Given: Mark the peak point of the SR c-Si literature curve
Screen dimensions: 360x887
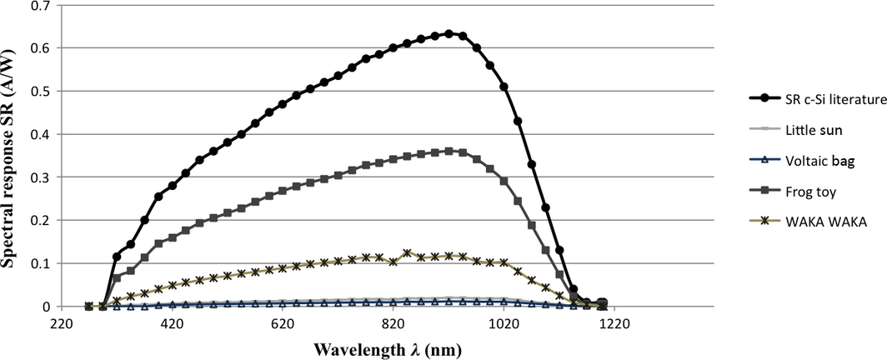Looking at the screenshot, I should click(x=449, y=34).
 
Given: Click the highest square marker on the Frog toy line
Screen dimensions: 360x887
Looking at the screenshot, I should click(x=449, y=152).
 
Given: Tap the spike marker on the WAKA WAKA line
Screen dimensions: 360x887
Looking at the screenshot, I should click(x=407, y=253).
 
